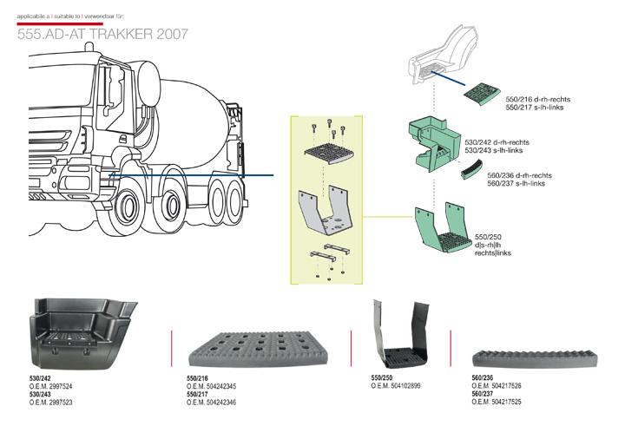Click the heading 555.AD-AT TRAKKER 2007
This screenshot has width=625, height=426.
click(102, 35)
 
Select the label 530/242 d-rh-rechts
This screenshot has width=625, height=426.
click(497, 141)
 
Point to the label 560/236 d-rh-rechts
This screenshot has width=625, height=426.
click(519, 175)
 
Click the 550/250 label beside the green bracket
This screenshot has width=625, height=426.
click(489, 236)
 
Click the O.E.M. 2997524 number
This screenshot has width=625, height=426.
click(51, 386)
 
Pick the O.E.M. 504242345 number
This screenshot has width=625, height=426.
click(212, 386)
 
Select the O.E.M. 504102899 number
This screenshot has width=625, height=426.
click(396, 385)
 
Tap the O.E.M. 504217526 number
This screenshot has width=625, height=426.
click(497, 386)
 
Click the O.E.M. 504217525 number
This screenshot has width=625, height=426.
click(497, 403)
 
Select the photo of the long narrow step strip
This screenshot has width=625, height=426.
click(531, 357)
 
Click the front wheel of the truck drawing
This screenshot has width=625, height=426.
click(128, 213)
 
